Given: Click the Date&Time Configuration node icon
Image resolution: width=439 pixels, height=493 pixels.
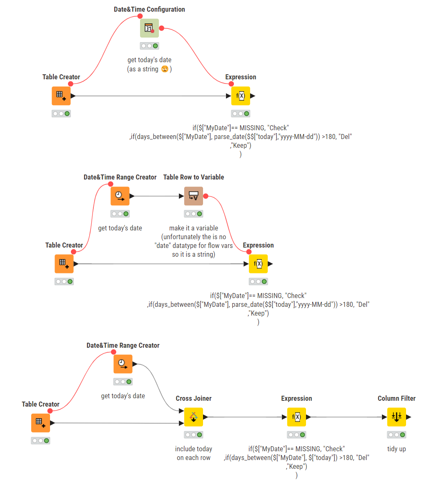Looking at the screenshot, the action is [150, 28].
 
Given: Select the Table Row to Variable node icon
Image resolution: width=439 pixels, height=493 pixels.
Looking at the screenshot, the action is [193, 196].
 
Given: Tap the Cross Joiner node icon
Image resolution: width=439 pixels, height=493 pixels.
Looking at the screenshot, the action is [193, 417].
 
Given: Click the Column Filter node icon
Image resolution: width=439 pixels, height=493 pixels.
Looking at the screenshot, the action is [396, 417].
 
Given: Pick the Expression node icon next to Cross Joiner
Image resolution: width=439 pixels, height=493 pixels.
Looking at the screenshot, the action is [296, 417].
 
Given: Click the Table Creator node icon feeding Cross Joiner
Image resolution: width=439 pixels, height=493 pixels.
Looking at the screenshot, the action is [40, 423].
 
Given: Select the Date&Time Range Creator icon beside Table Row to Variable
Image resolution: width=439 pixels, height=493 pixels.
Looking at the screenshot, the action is [120, 196].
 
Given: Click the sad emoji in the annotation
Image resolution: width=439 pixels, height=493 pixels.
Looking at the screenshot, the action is [165, 69].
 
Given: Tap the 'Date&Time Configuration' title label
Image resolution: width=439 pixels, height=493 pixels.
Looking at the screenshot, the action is [150, 10].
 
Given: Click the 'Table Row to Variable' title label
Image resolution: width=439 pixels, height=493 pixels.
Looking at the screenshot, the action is [193, 177].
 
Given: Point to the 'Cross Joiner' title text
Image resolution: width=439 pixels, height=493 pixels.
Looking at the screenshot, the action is [193, 398].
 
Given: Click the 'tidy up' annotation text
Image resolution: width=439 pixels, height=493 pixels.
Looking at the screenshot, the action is [396, 449].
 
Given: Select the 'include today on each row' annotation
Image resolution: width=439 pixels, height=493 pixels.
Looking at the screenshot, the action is [193, 453].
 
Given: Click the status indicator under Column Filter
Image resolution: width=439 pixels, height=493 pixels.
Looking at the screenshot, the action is [396, 435].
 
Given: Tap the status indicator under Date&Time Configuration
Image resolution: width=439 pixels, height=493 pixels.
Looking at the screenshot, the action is [150, 46].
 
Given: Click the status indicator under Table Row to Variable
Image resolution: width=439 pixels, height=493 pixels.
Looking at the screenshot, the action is [193, 214].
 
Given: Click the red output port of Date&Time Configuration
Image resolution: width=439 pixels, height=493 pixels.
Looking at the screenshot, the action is [162, 28].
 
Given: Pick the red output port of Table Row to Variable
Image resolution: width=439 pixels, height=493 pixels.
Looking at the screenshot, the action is [206, 196].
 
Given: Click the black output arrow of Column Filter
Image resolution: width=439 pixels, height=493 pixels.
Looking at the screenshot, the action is [409, 417].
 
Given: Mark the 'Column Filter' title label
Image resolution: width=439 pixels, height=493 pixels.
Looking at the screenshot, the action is [396, 398].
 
